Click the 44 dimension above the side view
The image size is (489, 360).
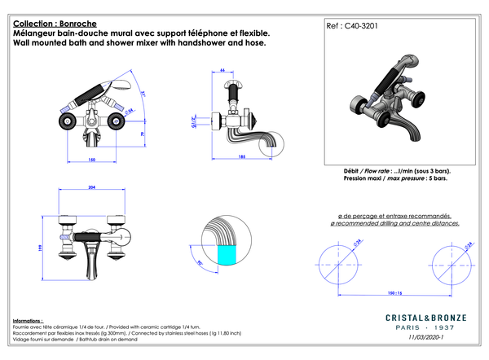(x=223, y=71)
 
